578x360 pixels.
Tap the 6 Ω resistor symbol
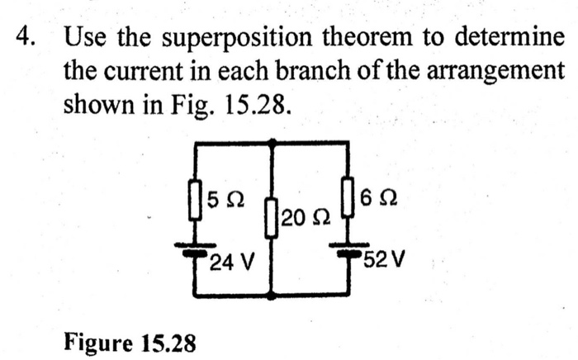tap(348, 195)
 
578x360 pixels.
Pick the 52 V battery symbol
tap(348, 248)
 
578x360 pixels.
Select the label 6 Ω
tap(376, 197)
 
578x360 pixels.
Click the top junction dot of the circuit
tap(272, 142)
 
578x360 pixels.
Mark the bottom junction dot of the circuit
tap(272, 295)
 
